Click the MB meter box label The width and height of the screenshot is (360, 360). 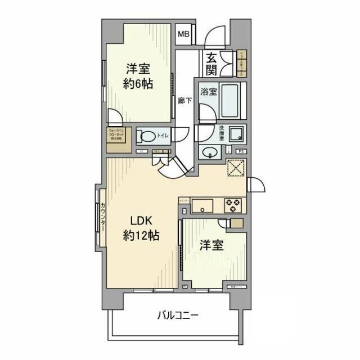point(184,35)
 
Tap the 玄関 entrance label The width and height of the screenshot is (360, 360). point(212,64)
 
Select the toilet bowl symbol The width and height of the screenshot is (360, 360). point(148,136)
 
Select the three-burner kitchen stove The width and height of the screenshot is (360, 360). point(232,205)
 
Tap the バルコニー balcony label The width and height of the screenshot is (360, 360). point(178,315)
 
